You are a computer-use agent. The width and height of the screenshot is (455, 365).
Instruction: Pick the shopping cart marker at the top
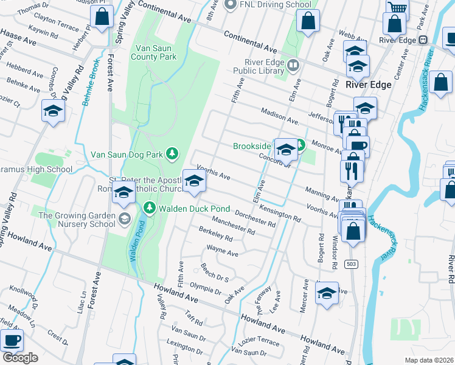[x=397, y=9]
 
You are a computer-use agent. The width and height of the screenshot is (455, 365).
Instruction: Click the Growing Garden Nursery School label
[x=77, y=219]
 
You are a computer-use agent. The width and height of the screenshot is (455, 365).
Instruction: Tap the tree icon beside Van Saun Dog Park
[x=173, y=153]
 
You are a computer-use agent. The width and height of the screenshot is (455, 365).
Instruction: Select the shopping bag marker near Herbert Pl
[x=102, y=18]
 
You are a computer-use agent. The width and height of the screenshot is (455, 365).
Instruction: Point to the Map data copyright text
[x=429, y=360]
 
